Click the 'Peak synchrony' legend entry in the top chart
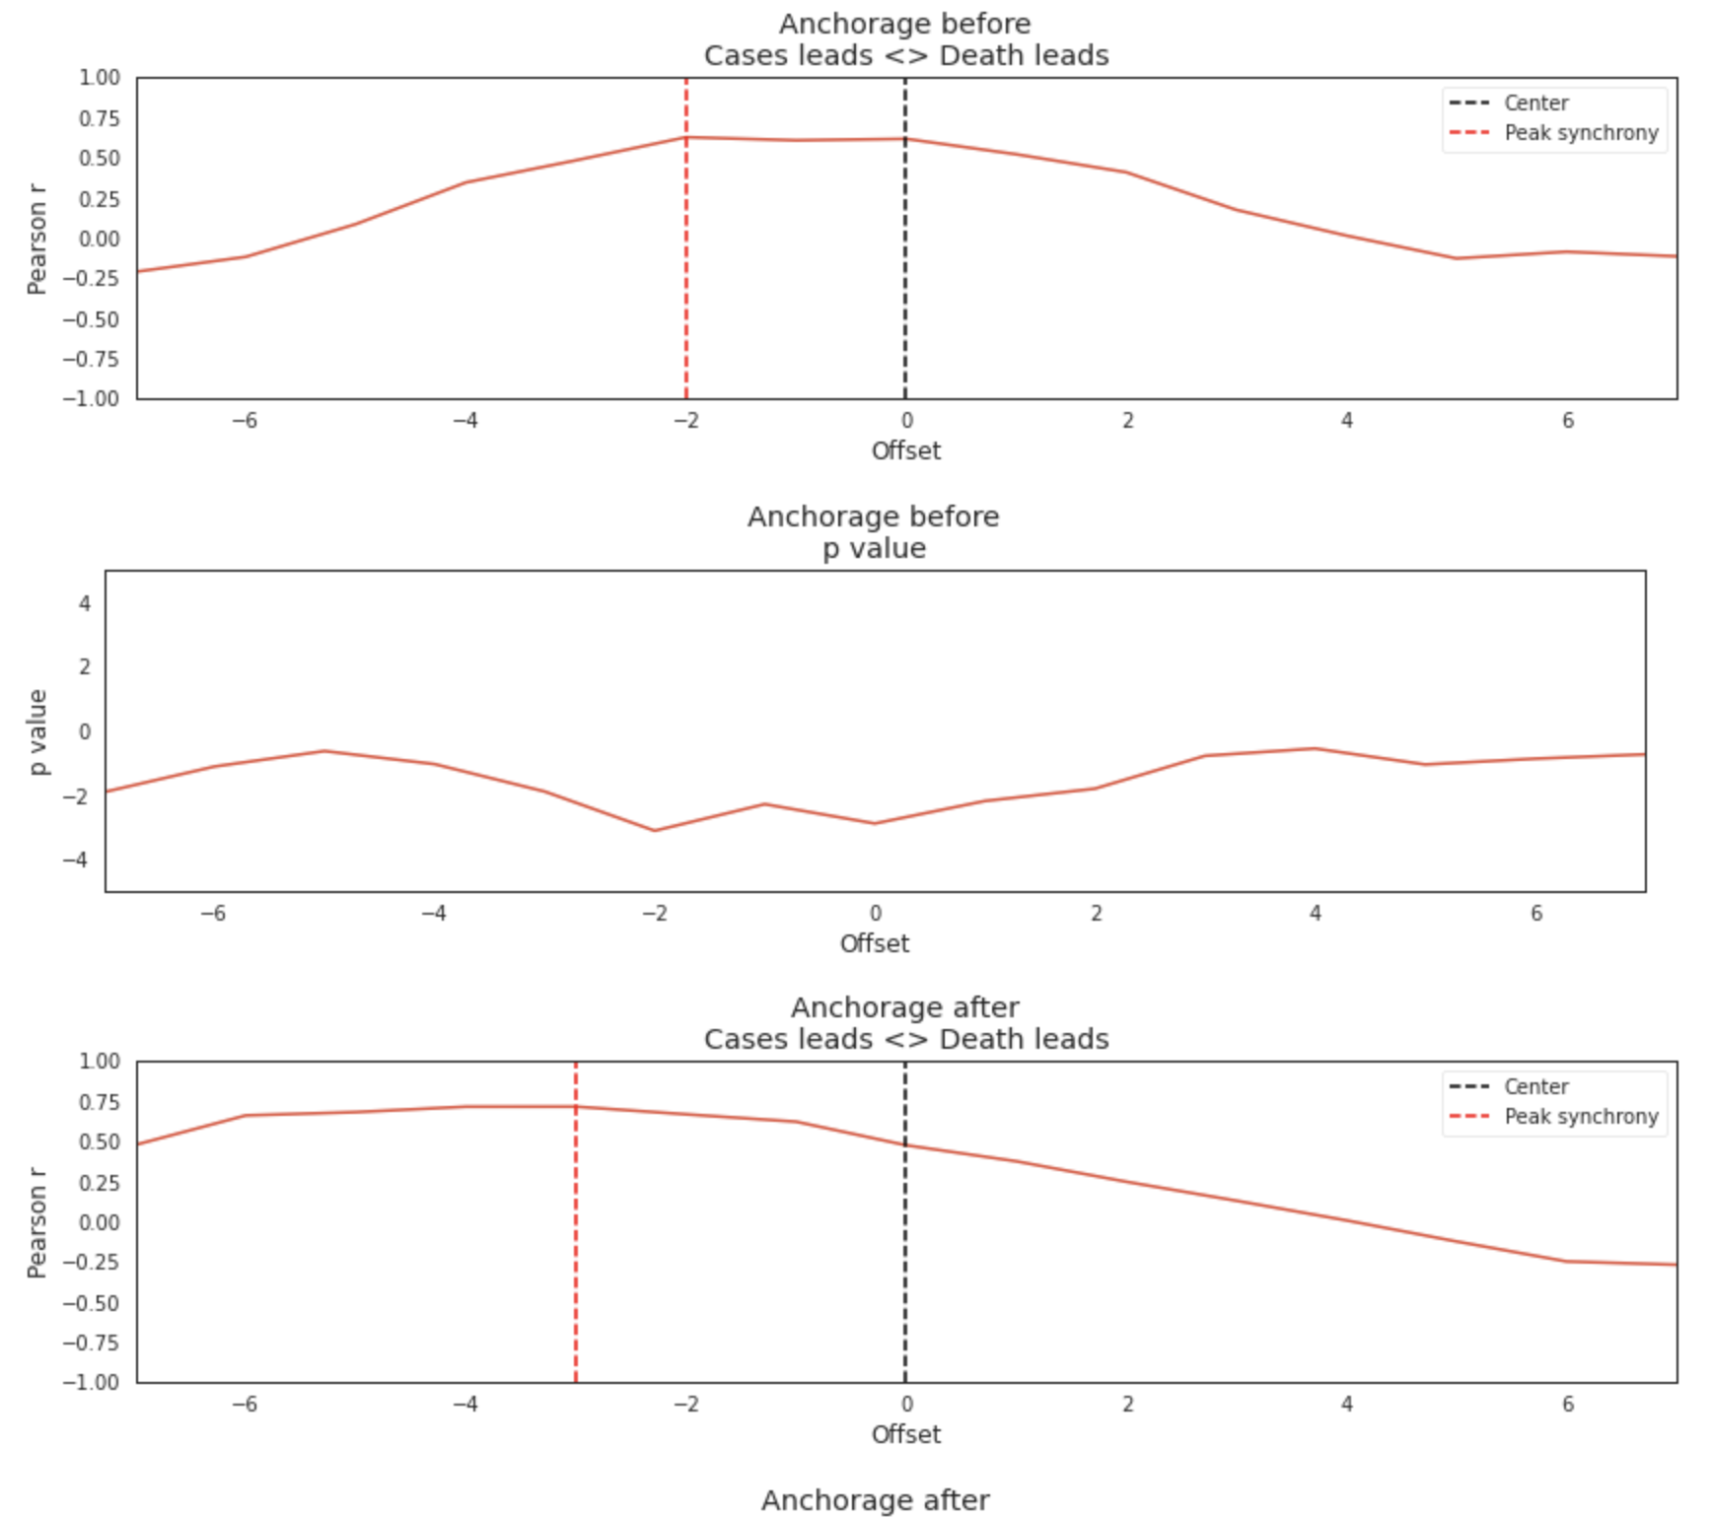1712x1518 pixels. click(1580, 133)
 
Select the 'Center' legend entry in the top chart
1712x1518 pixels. click(1535, 103)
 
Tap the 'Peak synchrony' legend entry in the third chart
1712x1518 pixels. click(1580, 1117)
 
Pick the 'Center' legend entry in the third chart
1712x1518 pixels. click(1535, 1087)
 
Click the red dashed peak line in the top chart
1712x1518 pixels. click(686, 296)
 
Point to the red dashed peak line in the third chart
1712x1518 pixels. click(576, 1281)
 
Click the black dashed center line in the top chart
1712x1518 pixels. click(905, 296)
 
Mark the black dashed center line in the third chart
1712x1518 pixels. click(905, 1281)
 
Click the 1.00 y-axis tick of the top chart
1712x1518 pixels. click(100, 78)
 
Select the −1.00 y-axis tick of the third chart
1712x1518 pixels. click(92, 1382)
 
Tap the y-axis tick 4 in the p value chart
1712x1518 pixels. click(85, 603)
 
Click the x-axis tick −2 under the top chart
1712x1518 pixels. click(686, 421)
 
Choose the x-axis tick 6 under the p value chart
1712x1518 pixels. click(1536, 914)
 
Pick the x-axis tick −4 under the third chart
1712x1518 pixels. click(465, 1404)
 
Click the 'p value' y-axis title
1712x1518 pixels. click(37, 731)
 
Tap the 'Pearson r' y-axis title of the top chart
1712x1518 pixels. click(37, 239)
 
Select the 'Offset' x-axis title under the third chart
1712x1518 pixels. click(905, 1434)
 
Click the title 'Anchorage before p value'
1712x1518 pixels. click(874, 532)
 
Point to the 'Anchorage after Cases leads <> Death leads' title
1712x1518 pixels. click(905, 1023)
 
